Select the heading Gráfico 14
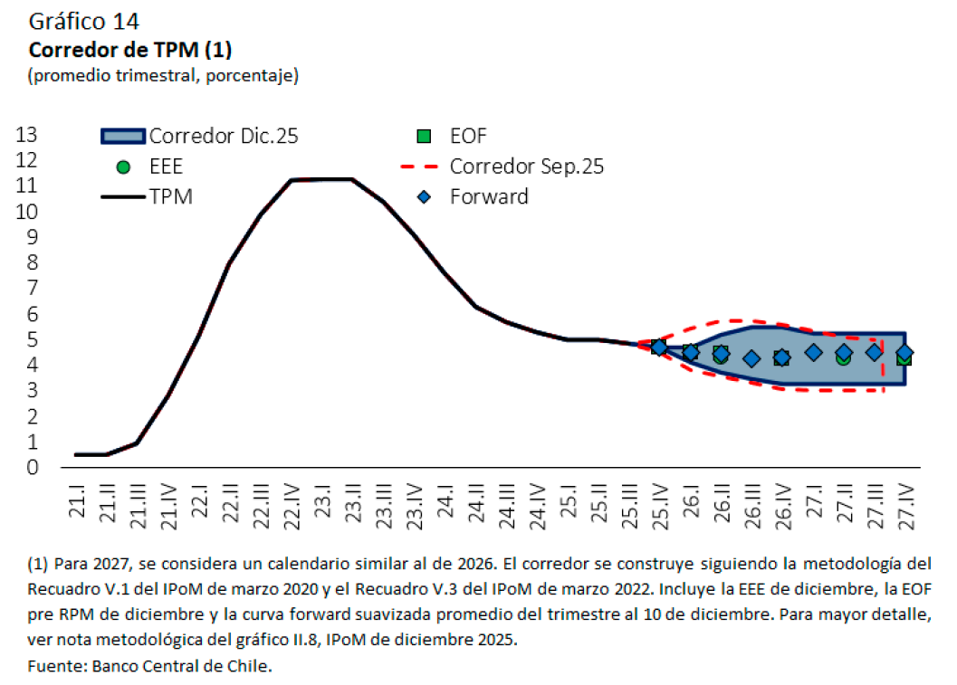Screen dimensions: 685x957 85,21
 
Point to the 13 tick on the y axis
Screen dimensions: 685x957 27,135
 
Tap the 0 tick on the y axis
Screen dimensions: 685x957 33,468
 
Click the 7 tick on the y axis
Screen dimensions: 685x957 33,289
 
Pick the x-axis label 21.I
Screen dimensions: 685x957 78,499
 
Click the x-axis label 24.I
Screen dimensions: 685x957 445,499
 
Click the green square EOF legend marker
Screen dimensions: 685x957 423,137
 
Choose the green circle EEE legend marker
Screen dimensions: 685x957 124,167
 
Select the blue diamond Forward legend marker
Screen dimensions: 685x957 423,196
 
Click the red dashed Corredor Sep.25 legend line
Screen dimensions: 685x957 422,167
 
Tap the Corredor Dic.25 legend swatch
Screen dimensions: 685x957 123,137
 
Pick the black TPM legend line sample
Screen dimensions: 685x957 123,196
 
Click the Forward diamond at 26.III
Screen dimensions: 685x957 751,358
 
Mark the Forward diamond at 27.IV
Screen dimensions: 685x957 904,352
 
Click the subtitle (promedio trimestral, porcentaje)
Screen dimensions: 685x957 163,76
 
